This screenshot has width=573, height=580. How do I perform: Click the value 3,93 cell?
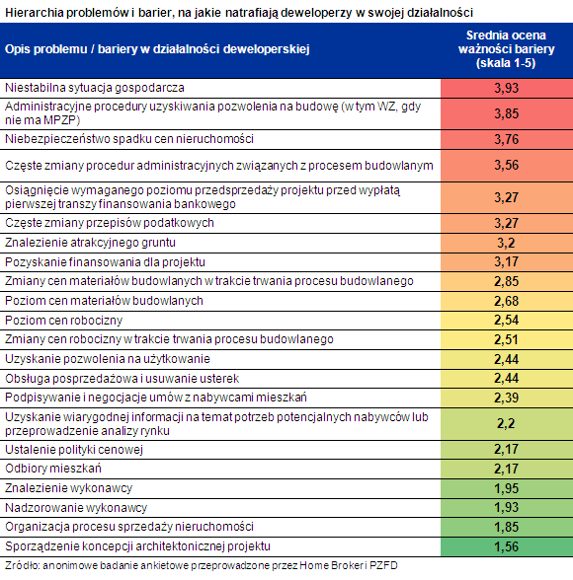pyautogui.click(x=507, y=88)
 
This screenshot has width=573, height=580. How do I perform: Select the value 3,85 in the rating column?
pyautogui.click(x=507, y=113)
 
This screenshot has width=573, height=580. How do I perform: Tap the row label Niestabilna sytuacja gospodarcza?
pyautogui.click(x=95, y=88)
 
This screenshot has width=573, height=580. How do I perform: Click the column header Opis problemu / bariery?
pyautogui.click(x=157, y=49)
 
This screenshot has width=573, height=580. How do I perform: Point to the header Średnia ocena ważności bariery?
pyautogui.click(x=507, y=49)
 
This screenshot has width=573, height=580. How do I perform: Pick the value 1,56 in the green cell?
pyautogui.click(x=507, y=546)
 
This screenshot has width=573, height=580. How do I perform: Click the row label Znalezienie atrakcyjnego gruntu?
pyautogui.click(x=90, y=243)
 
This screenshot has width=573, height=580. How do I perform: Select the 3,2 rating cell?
pyautogui.click(x=507, y=243)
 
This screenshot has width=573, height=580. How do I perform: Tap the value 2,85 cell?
pyautogui.click(x=507, y=281)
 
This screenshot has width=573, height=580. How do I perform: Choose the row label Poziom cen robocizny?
pyautogui.click(x=63, y=321)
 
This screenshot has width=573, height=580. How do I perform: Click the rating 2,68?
pyautogui.click(x=507, y=301)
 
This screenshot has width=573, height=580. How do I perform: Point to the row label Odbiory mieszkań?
pyautogui.click(x=53, y=469)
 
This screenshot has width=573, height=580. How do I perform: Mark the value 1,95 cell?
pyautogui.click(x=507, y=488)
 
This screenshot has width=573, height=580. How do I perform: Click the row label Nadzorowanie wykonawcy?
pyautogui.click(x=76, y=508)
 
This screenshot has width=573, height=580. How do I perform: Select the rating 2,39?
pyautogui.click(x=507, y=399)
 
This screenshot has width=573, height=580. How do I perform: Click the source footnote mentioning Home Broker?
pyautogui.click(x=202, y=566)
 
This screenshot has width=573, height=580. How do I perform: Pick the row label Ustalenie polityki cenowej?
pyautogui.click(x=74, y=450)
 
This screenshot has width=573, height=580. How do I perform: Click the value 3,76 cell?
pyautogui.click(x=507, y=139)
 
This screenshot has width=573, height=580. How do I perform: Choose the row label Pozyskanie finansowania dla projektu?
pyautogui.click(x=105, y=262)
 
